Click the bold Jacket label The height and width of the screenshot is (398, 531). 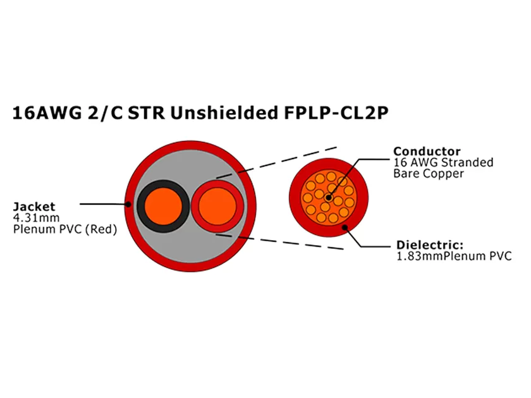click(x=34, y=207)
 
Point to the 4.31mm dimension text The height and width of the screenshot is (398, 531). click(x=32, y=218)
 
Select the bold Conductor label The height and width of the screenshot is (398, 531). click(x=427, y=152)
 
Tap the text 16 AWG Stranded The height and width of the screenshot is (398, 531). click(x=443, y=162)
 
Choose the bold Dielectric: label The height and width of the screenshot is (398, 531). click(x=430, y=245)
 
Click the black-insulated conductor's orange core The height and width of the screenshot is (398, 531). click(x=163, y=205)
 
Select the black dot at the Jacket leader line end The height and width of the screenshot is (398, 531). click(x=128, y=204)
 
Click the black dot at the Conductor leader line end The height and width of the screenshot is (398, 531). click(x=327, y=198)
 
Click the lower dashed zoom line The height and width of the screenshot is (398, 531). click(x=278, y=241)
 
